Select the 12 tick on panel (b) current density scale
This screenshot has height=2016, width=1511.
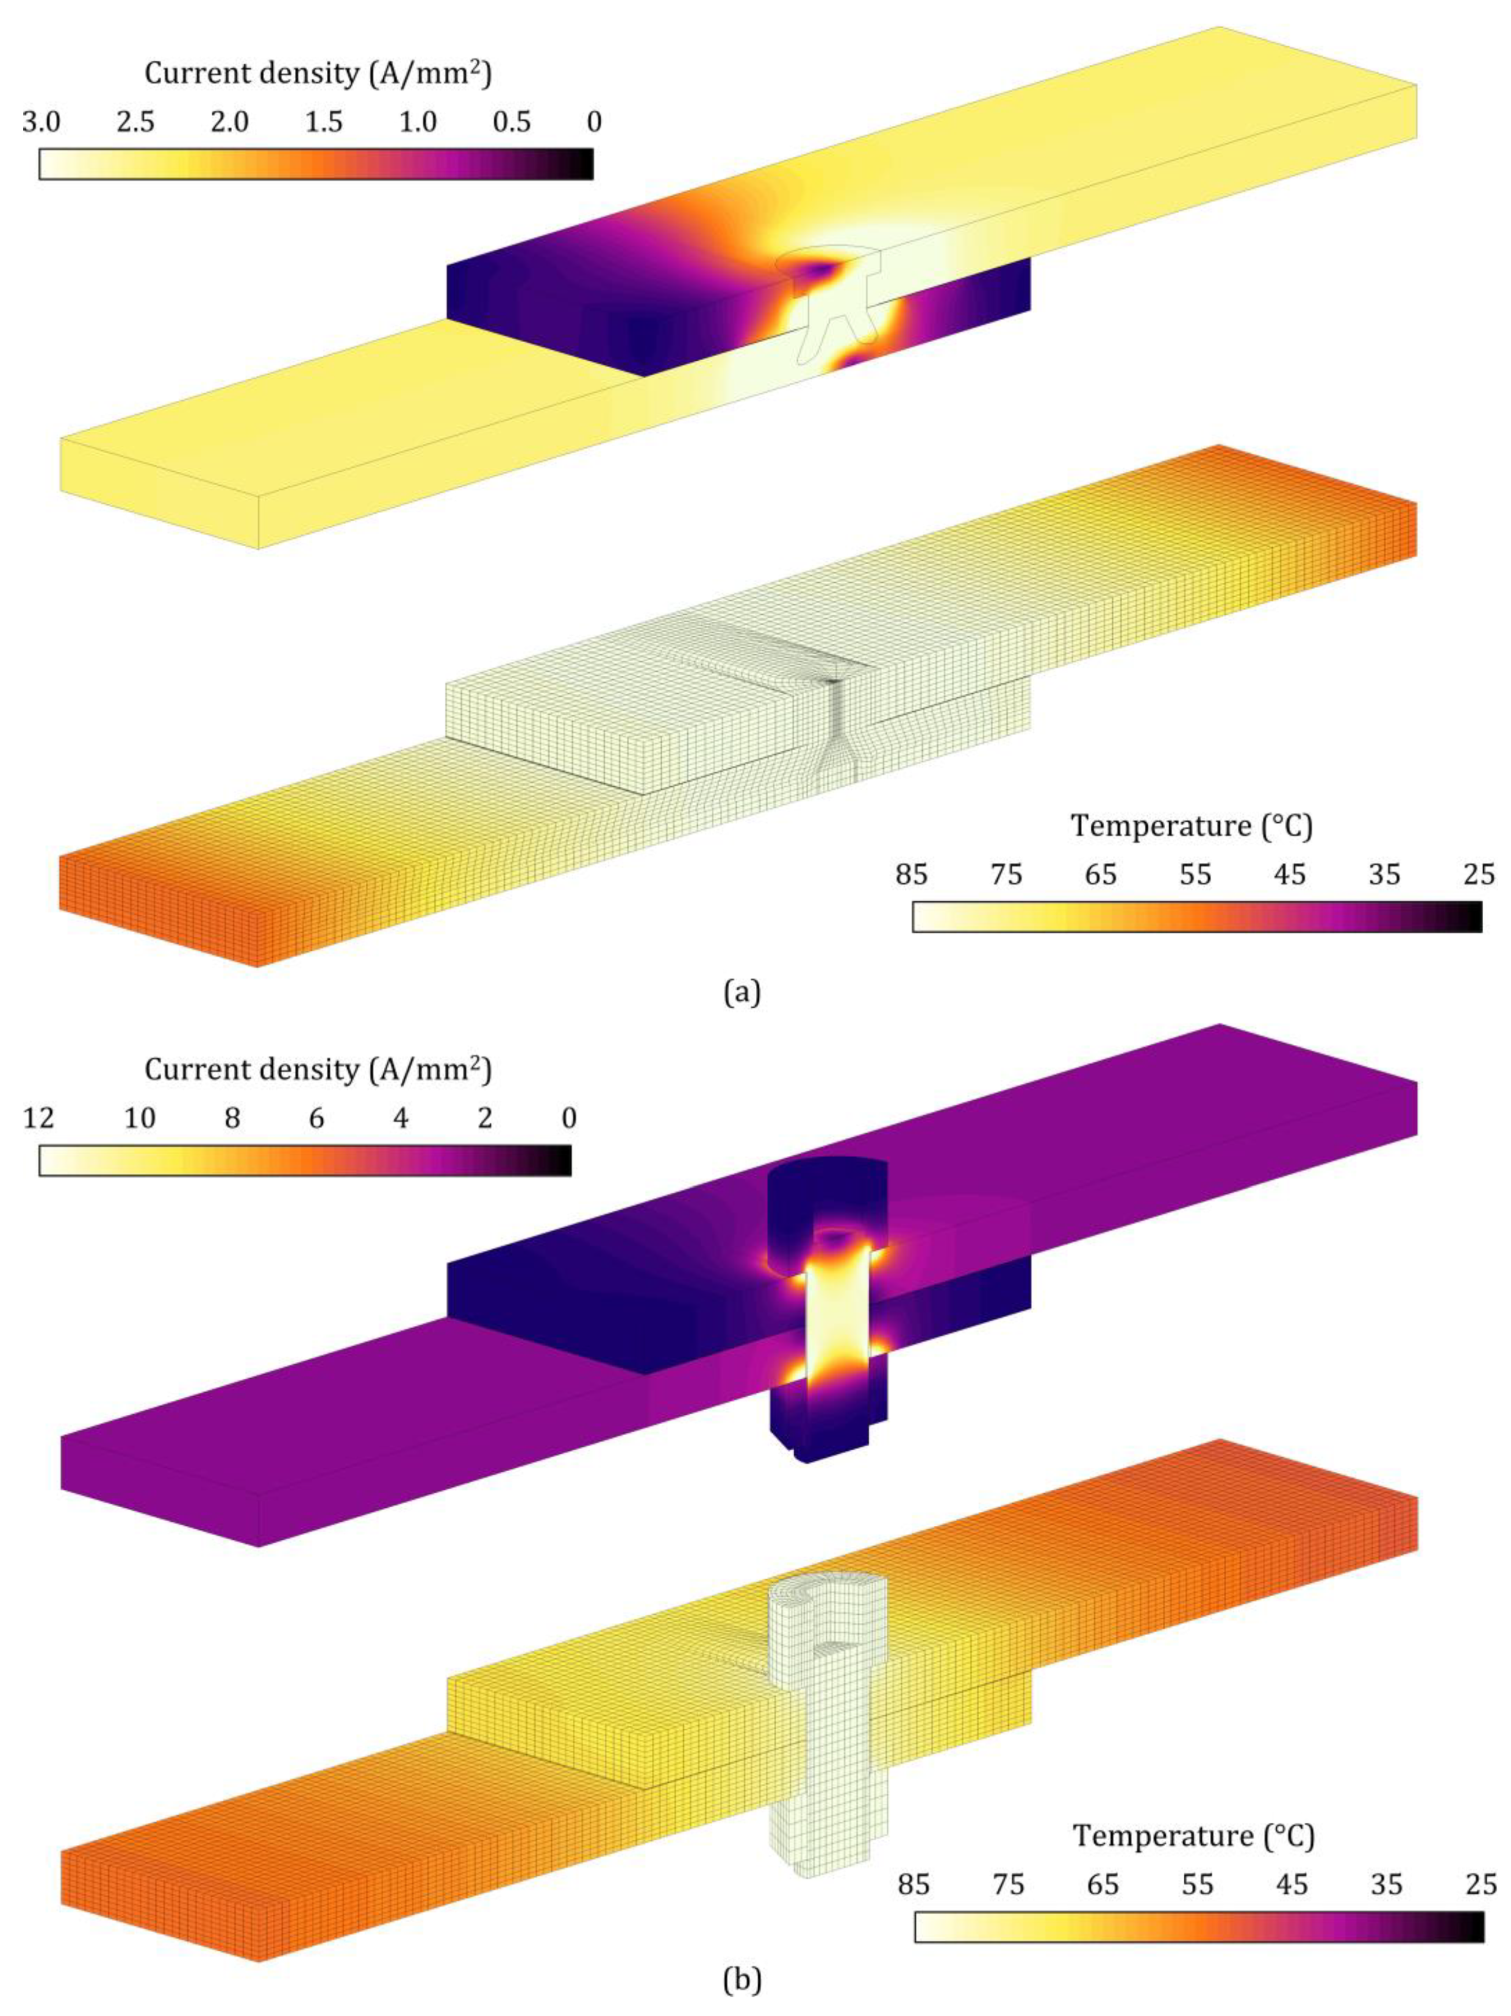tap(39, 1117)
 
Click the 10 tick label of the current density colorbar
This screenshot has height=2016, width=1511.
tap(139, 1117)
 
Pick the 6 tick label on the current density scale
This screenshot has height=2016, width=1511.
tap(316, 1117)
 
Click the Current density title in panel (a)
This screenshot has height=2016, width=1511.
tap(318, 73)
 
